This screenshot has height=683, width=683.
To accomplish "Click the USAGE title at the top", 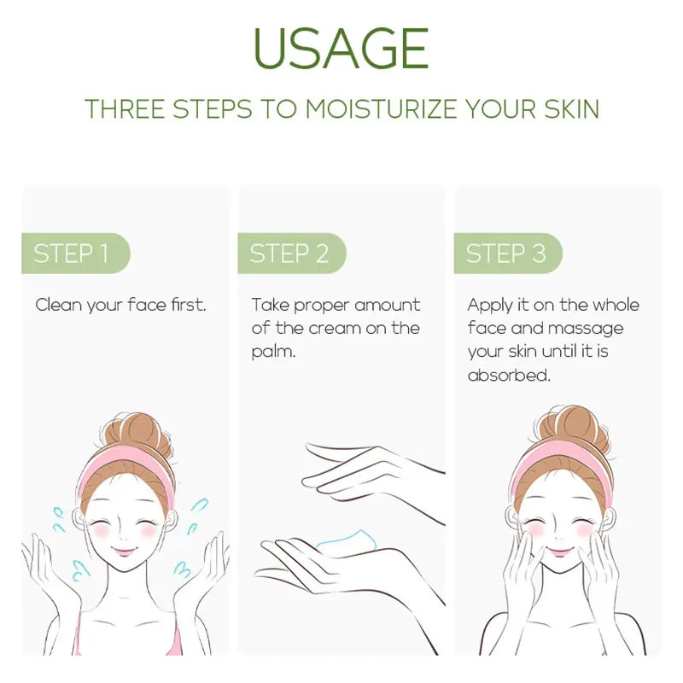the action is click(x=341, y=48).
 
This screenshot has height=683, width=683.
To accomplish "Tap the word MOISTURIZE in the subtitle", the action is click(x=381, y=109).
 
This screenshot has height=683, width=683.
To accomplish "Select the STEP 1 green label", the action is click(x=76, y=253).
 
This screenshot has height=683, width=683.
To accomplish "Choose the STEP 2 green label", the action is click(x=292, y=253).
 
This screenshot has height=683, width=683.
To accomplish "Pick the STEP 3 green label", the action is click(x=508, y=253).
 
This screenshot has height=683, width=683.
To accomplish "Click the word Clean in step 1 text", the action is click(x=59, y=305).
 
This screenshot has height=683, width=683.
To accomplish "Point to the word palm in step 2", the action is click(x=272, y=352).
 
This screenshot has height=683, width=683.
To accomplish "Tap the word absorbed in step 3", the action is click(x=509, y=375).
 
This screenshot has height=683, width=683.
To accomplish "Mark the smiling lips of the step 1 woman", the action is click(x=124, y=552).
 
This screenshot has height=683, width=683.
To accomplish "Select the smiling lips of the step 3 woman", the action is click(x=559, y=552).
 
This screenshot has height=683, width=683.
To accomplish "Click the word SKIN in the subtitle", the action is click(x=572, y=109).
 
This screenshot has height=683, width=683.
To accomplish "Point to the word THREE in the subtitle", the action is click(x=125, y=109).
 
